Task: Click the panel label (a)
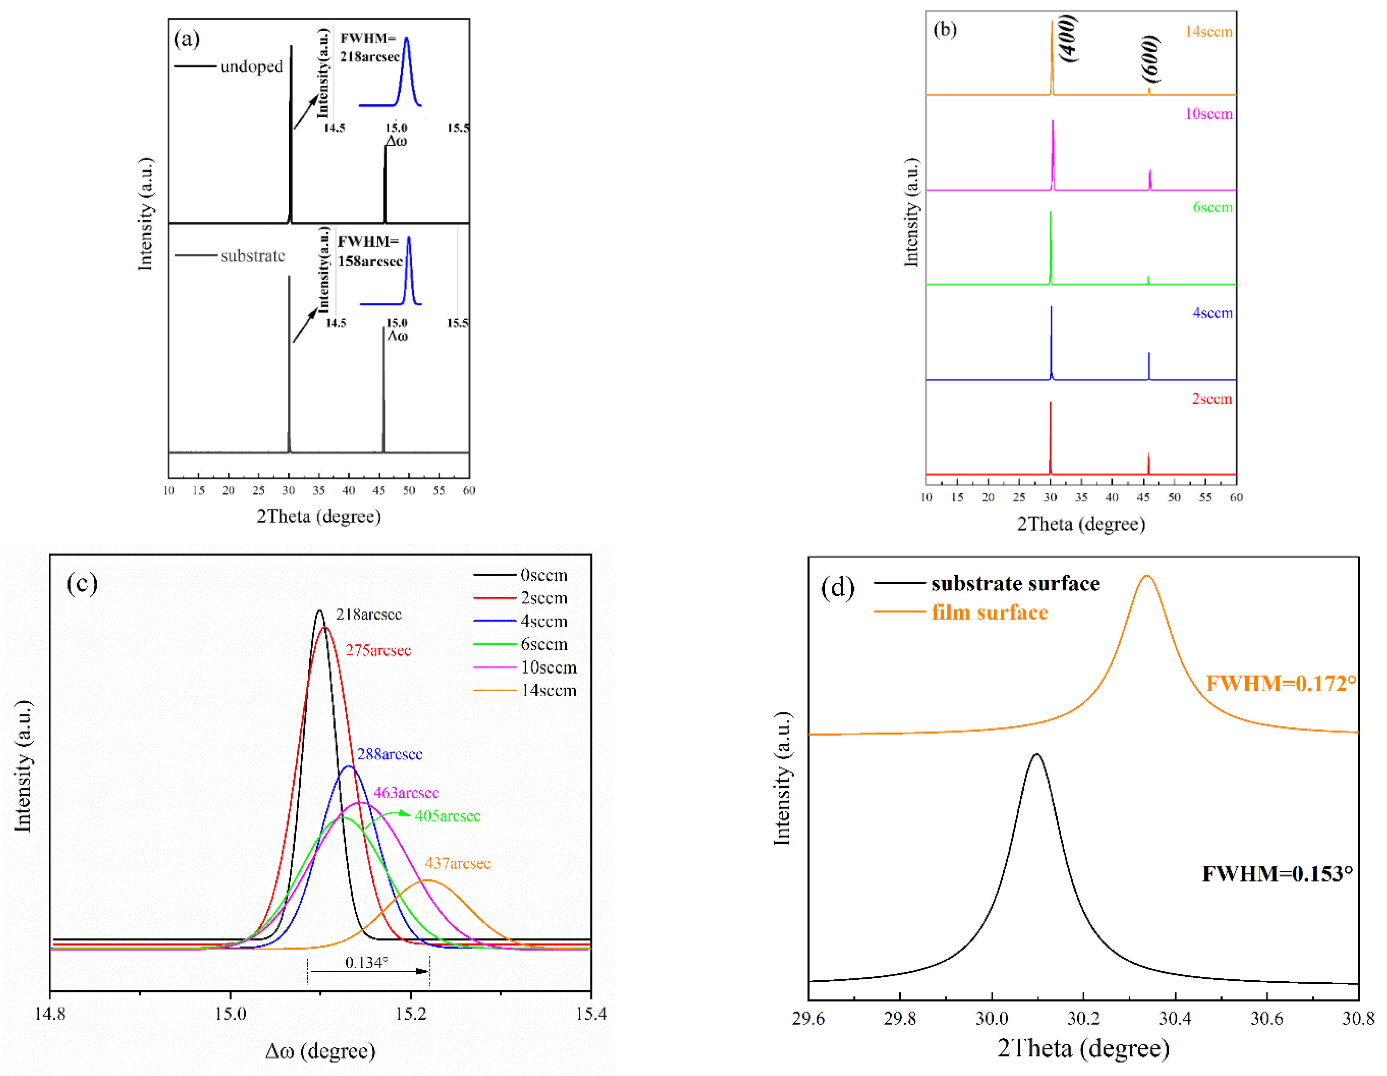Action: [x=187, y=40]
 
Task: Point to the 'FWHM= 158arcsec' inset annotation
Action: [x=369, y=252]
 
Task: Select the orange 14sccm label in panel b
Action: [x=1209, y=32]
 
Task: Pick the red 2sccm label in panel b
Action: [x=1212, y=399]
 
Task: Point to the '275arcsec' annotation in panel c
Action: [x=379, y=650]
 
